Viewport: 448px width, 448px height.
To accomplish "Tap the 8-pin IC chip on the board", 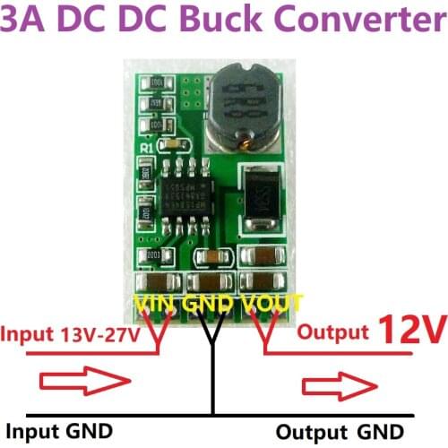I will click(183, 190).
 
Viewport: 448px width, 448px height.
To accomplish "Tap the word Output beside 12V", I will click(332, 332).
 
